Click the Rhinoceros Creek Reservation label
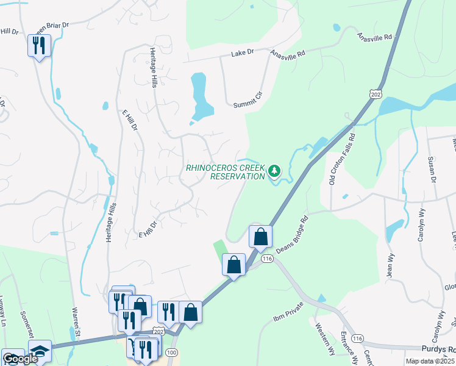click(225, 171)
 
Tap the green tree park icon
click(274, 171)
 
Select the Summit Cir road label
click(248, 105)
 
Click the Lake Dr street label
click(241, 54)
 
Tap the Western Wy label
click(326, 342)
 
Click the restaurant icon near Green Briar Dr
click(39, 46)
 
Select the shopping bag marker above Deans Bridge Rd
click(260, 237)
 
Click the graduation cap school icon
click(40, 353)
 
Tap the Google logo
click(20, 359)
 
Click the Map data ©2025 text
click(429, 361)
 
